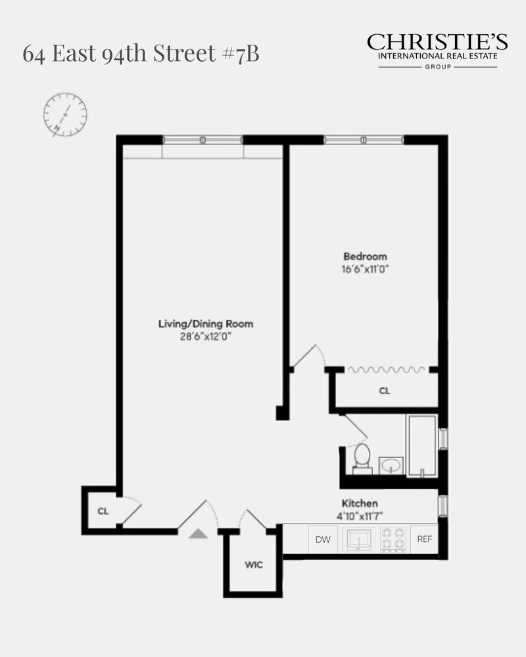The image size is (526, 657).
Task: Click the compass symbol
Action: click(x=65, y=115)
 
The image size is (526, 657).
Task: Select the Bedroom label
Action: click(x=365, y=256)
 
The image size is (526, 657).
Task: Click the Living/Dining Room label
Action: click(x=206, y=324)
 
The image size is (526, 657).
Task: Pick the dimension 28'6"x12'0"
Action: click(x=206, y=336)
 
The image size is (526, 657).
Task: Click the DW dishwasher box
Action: click(x=322, y=539)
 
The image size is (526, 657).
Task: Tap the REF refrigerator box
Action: click(x=425, y=539)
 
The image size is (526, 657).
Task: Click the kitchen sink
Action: click(x=359, y=539)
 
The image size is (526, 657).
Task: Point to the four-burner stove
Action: click(x=393, y=539)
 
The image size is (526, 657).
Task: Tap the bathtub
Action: click(x=421, y=445)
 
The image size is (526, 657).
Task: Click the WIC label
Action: click(x=254, y=565)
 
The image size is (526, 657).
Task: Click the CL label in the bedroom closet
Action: click(x=385, y=391)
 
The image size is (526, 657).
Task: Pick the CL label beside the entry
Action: click(x=103, y=510)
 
